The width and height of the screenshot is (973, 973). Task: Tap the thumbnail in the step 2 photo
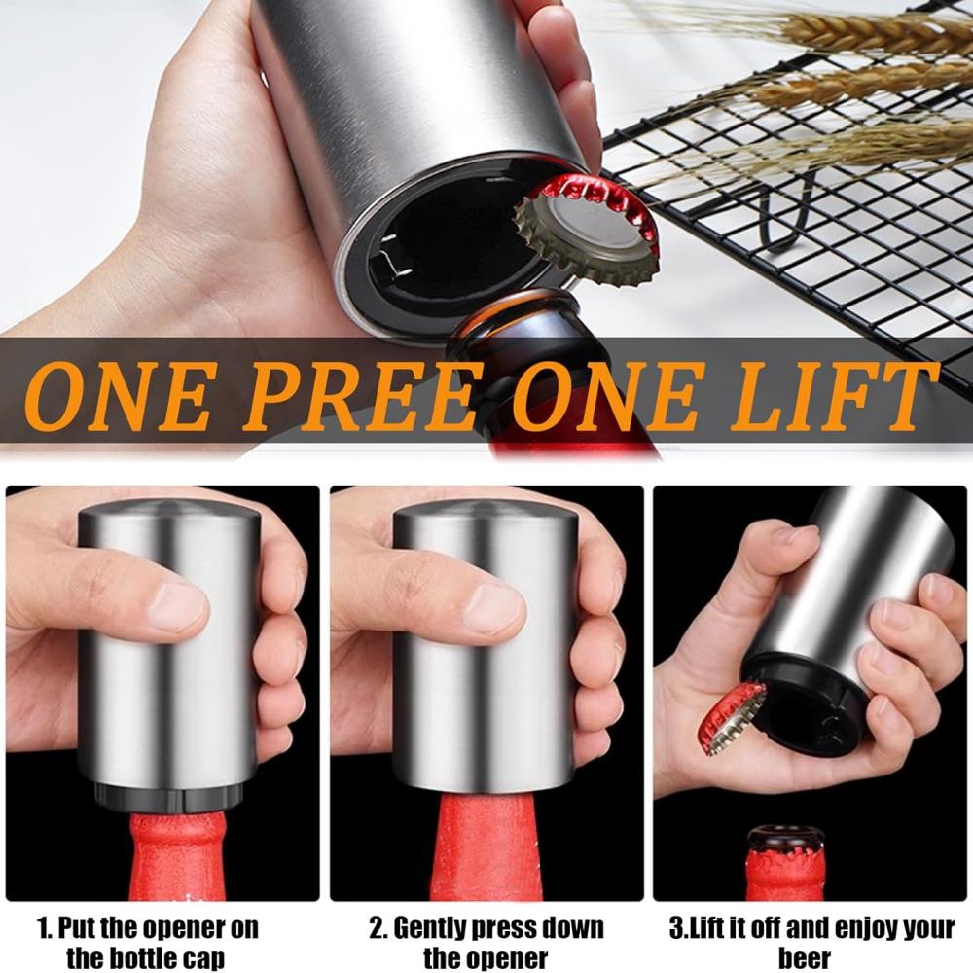point(492,608)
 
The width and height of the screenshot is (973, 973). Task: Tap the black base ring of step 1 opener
point(171,797)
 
